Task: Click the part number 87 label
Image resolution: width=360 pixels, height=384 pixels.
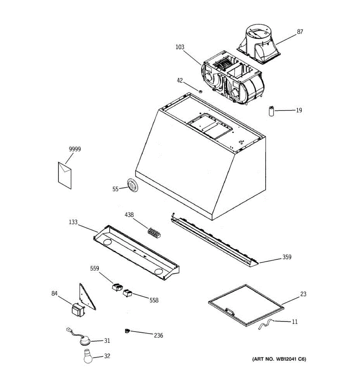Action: point(300,32)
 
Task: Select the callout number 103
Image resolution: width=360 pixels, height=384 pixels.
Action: point(180,47)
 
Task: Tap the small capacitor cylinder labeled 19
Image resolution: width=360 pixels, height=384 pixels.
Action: point(272,111)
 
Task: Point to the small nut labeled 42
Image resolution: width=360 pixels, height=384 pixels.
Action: point(200,92)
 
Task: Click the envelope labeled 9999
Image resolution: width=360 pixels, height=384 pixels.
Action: point(65,175)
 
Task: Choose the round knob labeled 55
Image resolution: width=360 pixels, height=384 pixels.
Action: point(132,186)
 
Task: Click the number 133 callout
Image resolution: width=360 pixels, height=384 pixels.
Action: point(73,222)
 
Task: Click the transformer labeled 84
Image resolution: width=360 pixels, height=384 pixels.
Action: point(78,310)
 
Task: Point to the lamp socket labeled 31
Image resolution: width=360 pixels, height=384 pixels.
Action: point(85,341)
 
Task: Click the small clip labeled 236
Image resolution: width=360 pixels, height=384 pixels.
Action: point(128,331)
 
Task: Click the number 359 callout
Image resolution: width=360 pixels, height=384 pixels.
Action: point(287,257)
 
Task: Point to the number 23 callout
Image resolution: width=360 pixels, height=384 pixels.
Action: point(303,294)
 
